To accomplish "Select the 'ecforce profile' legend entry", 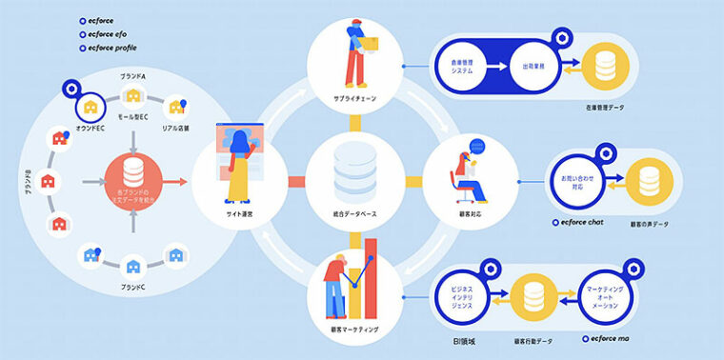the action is (110, 47).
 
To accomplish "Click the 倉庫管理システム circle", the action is (464, 67).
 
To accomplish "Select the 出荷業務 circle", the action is (533, 67).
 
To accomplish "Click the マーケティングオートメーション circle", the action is (607, 296).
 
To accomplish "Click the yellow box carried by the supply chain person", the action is (371, 42).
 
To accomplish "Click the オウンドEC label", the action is (91, 129).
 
